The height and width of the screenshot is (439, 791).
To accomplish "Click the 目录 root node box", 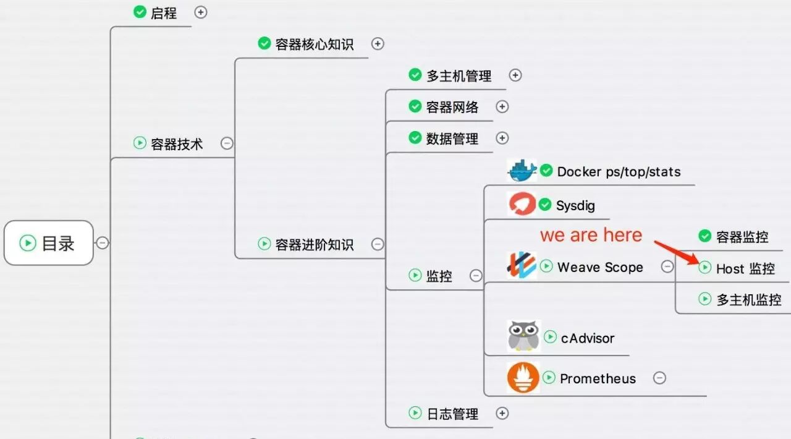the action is [x=49, y=243].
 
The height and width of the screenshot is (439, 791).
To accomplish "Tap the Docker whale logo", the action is [x=522, y=171].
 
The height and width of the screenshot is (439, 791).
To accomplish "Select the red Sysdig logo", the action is [x=522, y=204].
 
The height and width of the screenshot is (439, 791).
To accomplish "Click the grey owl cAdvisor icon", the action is [x=523, y=336].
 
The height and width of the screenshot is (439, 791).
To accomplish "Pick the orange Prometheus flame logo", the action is [x=523, y=378].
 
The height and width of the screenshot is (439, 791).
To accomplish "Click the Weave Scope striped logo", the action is [x=522, y=265].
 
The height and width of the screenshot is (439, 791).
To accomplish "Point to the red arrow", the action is [x=676, y=252].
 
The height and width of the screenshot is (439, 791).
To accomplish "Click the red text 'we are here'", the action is [x=591, y=235].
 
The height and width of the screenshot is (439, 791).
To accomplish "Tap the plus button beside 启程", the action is [x=201, y=12].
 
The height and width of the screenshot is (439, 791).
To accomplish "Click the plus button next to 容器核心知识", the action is [x=378, y=44].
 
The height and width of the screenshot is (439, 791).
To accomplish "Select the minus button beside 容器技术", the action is [x=227, y=143].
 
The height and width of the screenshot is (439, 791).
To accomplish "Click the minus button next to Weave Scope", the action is [x=667, y=266].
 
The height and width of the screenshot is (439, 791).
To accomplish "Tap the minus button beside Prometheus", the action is [x=659, y=378].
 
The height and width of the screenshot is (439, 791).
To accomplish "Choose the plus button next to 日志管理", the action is [x=502, y=413].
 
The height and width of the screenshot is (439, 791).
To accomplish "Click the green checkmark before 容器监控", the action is [x=705, y=236].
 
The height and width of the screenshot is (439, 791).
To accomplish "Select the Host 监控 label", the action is [x=745, y=268].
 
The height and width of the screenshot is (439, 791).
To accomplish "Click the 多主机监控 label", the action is [x=748, y=300].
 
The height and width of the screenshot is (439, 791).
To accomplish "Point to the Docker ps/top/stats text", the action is [x=619, y=172].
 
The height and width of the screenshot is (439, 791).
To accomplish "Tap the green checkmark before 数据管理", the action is [x=415, y=137].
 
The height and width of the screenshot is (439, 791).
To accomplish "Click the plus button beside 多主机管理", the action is [x=515, y=75].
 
